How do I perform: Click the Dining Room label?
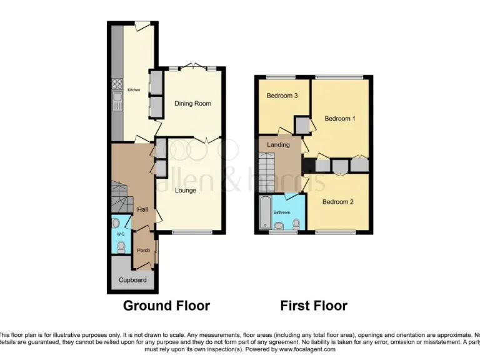pos(192,104)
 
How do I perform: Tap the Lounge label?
pos(186,191)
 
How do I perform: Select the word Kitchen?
pos(134,91)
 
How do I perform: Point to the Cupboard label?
pos(132,280)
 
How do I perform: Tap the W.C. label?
pos(121,234)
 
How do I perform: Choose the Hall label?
pos(142,210)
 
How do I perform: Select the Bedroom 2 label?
pos(338,202)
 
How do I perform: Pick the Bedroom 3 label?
pos(282,96)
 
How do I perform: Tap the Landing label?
pos(278,145)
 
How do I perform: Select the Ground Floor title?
pos(166,306)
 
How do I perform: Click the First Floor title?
pos(313,306)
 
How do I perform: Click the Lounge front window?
pos(192,233)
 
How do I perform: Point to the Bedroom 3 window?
pos(282,77)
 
